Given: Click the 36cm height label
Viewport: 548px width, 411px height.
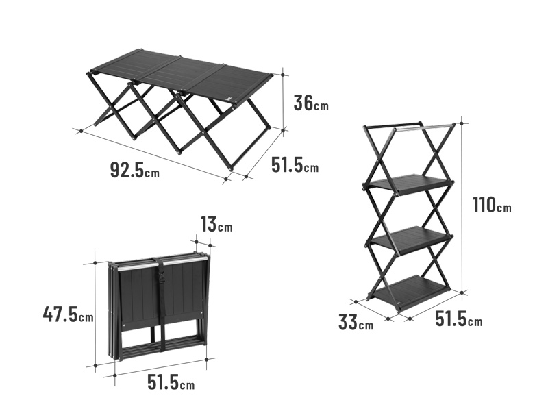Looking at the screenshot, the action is point(311,103).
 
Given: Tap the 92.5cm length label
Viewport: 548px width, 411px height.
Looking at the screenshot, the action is point(134,170).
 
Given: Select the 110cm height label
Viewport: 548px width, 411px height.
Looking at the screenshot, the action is point(492,205).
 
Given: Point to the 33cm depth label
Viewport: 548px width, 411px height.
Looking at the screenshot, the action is point(356,322).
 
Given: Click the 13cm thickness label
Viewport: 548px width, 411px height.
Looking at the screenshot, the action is point(216,224).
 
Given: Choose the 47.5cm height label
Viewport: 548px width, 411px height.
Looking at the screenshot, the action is point(68,314).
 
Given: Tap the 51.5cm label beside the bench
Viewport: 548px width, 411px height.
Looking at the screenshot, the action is point(295,164).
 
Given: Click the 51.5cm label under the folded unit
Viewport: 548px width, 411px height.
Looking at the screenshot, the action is point(171,382).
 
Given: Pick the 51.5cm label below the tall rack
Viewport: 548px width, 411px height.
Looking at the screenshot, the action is point(458,319).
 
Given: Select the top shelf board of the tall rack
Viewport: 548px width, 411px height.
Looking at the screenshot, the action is point(408,184).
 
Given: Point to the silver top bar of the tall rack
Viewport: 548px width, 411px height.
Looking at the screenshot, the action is point(424,127).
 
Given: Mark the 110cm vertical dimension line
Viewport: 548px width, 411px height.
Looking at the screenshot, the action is point(462,208).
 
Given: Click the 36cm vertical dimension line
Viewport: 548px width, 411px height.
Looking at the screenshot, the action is point(284,102).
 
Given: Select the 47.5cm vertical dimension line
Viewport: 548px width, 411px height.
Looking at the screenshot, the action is point(95,314).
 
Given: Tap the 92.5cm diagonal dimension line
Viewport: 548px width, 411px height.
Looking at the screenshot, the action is point(153,155).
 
